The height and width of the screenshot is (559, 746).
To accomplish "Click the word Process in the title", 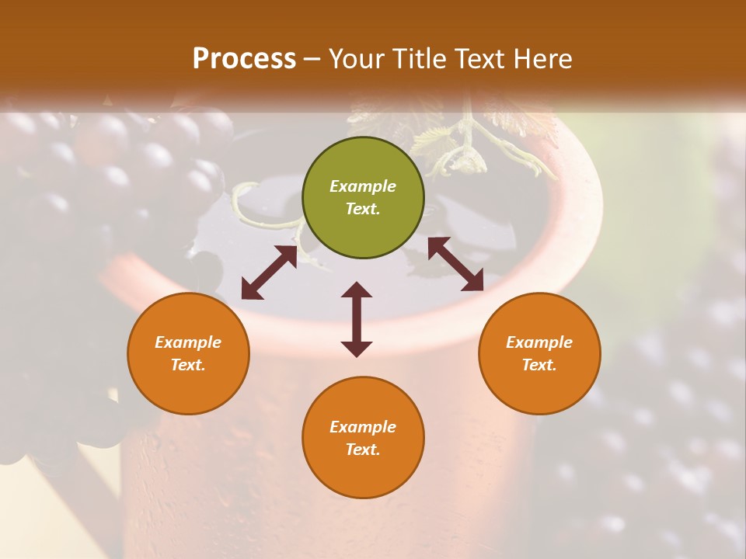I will tap(244, 59).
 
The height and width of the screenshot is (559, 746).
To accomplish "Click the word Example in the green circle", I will tap(363, 186).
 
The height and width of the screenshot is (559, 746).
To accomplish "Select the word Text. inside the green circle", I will tap(363, 209).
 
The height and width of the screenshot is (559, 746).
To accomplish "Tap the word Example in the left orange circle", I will tap(188, 342).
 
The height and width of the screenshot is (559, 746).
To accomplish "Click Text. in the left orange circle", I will tap(188, 365).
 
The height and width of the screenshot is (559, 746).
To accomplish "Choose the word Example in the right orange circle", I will tap(539, 342).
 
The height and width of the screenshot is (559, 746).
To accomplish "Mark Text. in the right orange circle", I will tap(539, 365).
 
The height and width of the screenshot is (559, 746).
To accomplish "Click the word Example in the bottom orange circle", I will tap(363, 427).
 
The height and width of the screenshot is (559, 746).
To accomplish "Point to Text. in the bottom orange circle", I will tap(363, 450).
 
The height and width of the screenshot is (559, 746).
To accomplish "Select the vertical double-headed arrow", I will tap(357, 319).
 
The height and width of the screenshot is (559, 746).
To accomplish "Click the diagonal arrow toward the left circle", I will tap(269, 273).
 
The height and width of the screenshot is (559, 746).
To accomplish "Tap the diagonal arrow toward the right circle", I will tap(455, 264).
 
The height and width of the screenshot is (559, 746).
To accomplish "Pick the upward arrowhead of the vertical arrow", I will tap(357, 290).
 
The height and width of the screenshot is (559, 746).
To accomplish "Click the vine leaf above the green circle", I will tap(435, 140).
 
